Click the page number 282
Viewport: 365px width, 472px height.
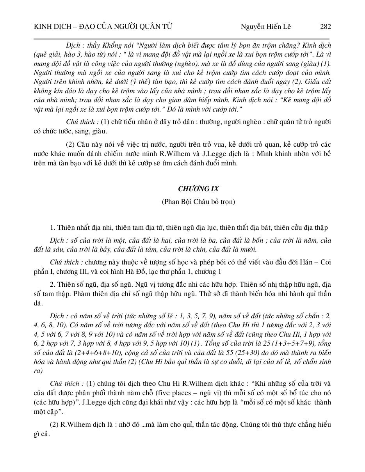325,27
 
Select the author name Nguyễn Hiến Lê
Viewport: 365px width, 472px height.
266,27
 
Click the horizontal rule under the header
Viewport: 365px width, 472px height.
182,39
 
